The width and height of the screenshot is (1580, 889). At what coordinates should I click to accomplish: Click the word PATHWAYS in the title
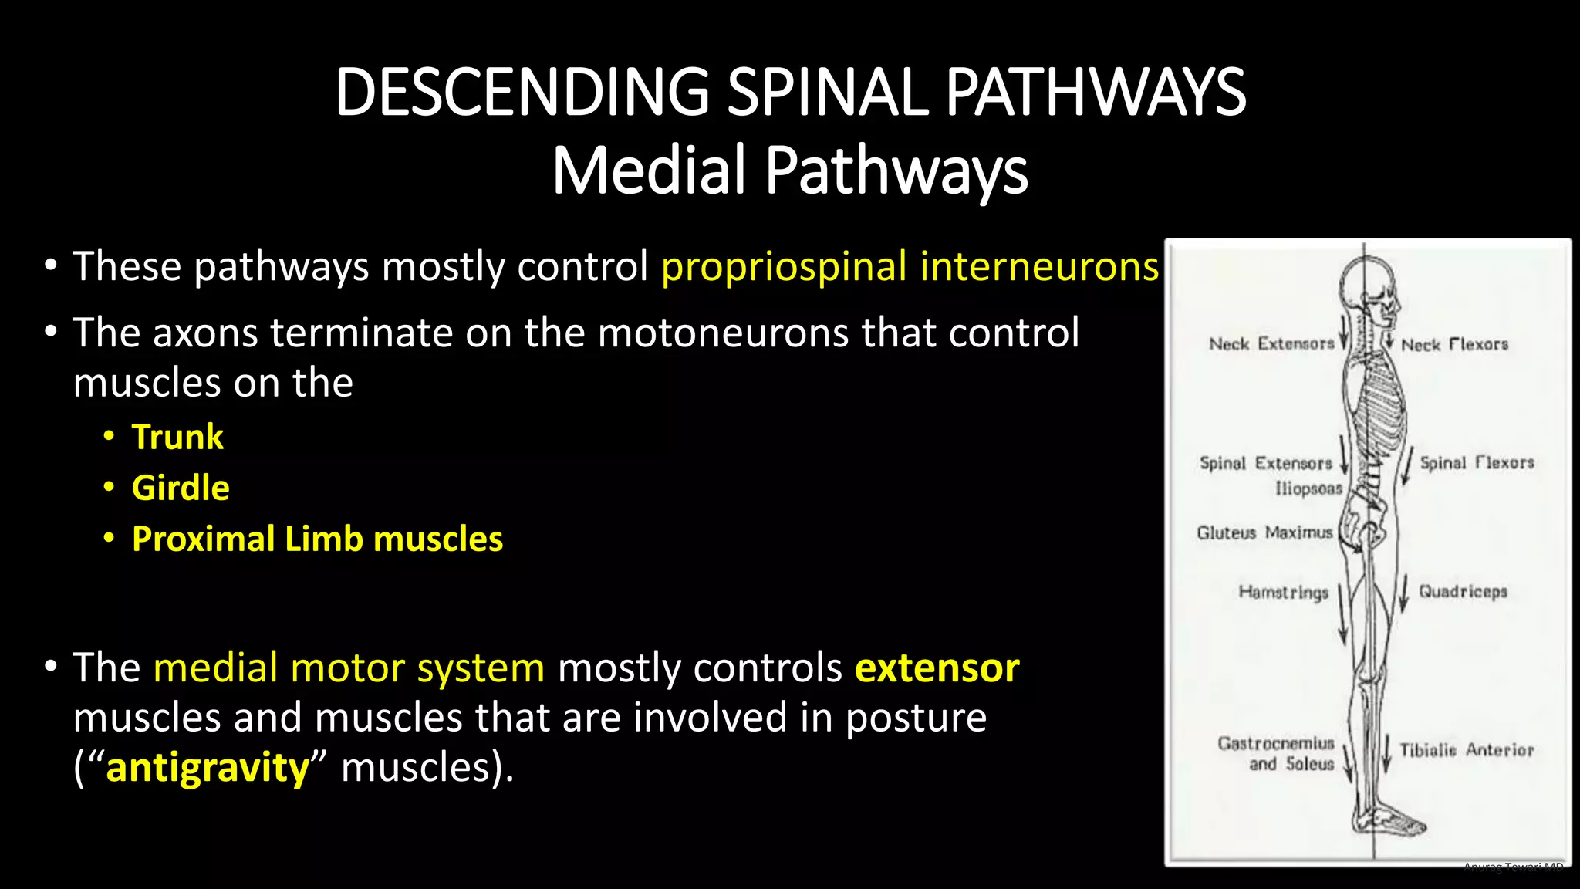(x=1096, y=93)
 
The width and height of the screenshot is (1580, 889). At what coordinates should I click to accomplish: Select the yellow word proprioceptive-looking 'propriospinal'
(x=784, y=267)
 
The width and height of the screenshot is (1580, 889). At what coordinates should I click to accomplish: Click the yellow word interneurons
(x=1039, y=267)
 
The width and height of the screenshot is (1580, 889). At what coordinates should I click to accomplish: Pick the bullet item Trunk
(x=177, y=438)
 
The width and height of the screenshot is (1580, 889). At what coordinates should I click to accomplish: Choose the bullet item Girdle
(x=181, y=488)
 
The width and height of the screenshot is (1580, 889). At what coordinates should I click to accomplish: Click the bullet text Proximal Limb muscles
(x=317, y=539)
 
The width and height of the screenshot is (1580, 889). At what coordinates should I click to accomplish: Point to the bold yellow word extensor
(x=937, y=668)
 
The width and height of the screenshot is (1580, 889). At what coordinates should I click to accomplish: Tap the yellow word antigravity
(x=208, y=769)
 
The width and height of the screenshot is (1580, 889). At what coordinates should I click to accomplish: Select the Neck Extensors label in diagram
(x=1271, y=344)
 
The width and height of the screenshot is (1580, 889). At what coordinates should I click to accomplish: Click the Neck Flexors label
(x=1454, y=345)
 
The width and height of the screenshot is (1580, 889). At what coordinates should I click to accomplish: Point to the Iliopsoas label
(x=1308, y=488)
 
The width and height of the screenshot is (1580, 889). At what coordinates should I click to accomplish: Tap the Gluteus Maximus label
(x=1264, y=532)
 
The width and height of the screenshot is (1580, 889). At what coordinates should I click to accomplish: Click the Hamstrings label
(x=1283, y=593)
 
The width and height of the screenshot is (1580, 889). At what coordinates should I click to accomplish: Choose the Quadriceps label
(x=1463, y=592)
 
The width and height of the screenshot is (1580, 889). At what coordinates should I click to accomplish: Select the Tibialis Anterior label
(x=1467, y=750)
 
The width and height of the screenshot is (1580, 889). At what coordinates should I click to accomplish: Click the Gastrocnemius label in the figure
(x=1276, y=743)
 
